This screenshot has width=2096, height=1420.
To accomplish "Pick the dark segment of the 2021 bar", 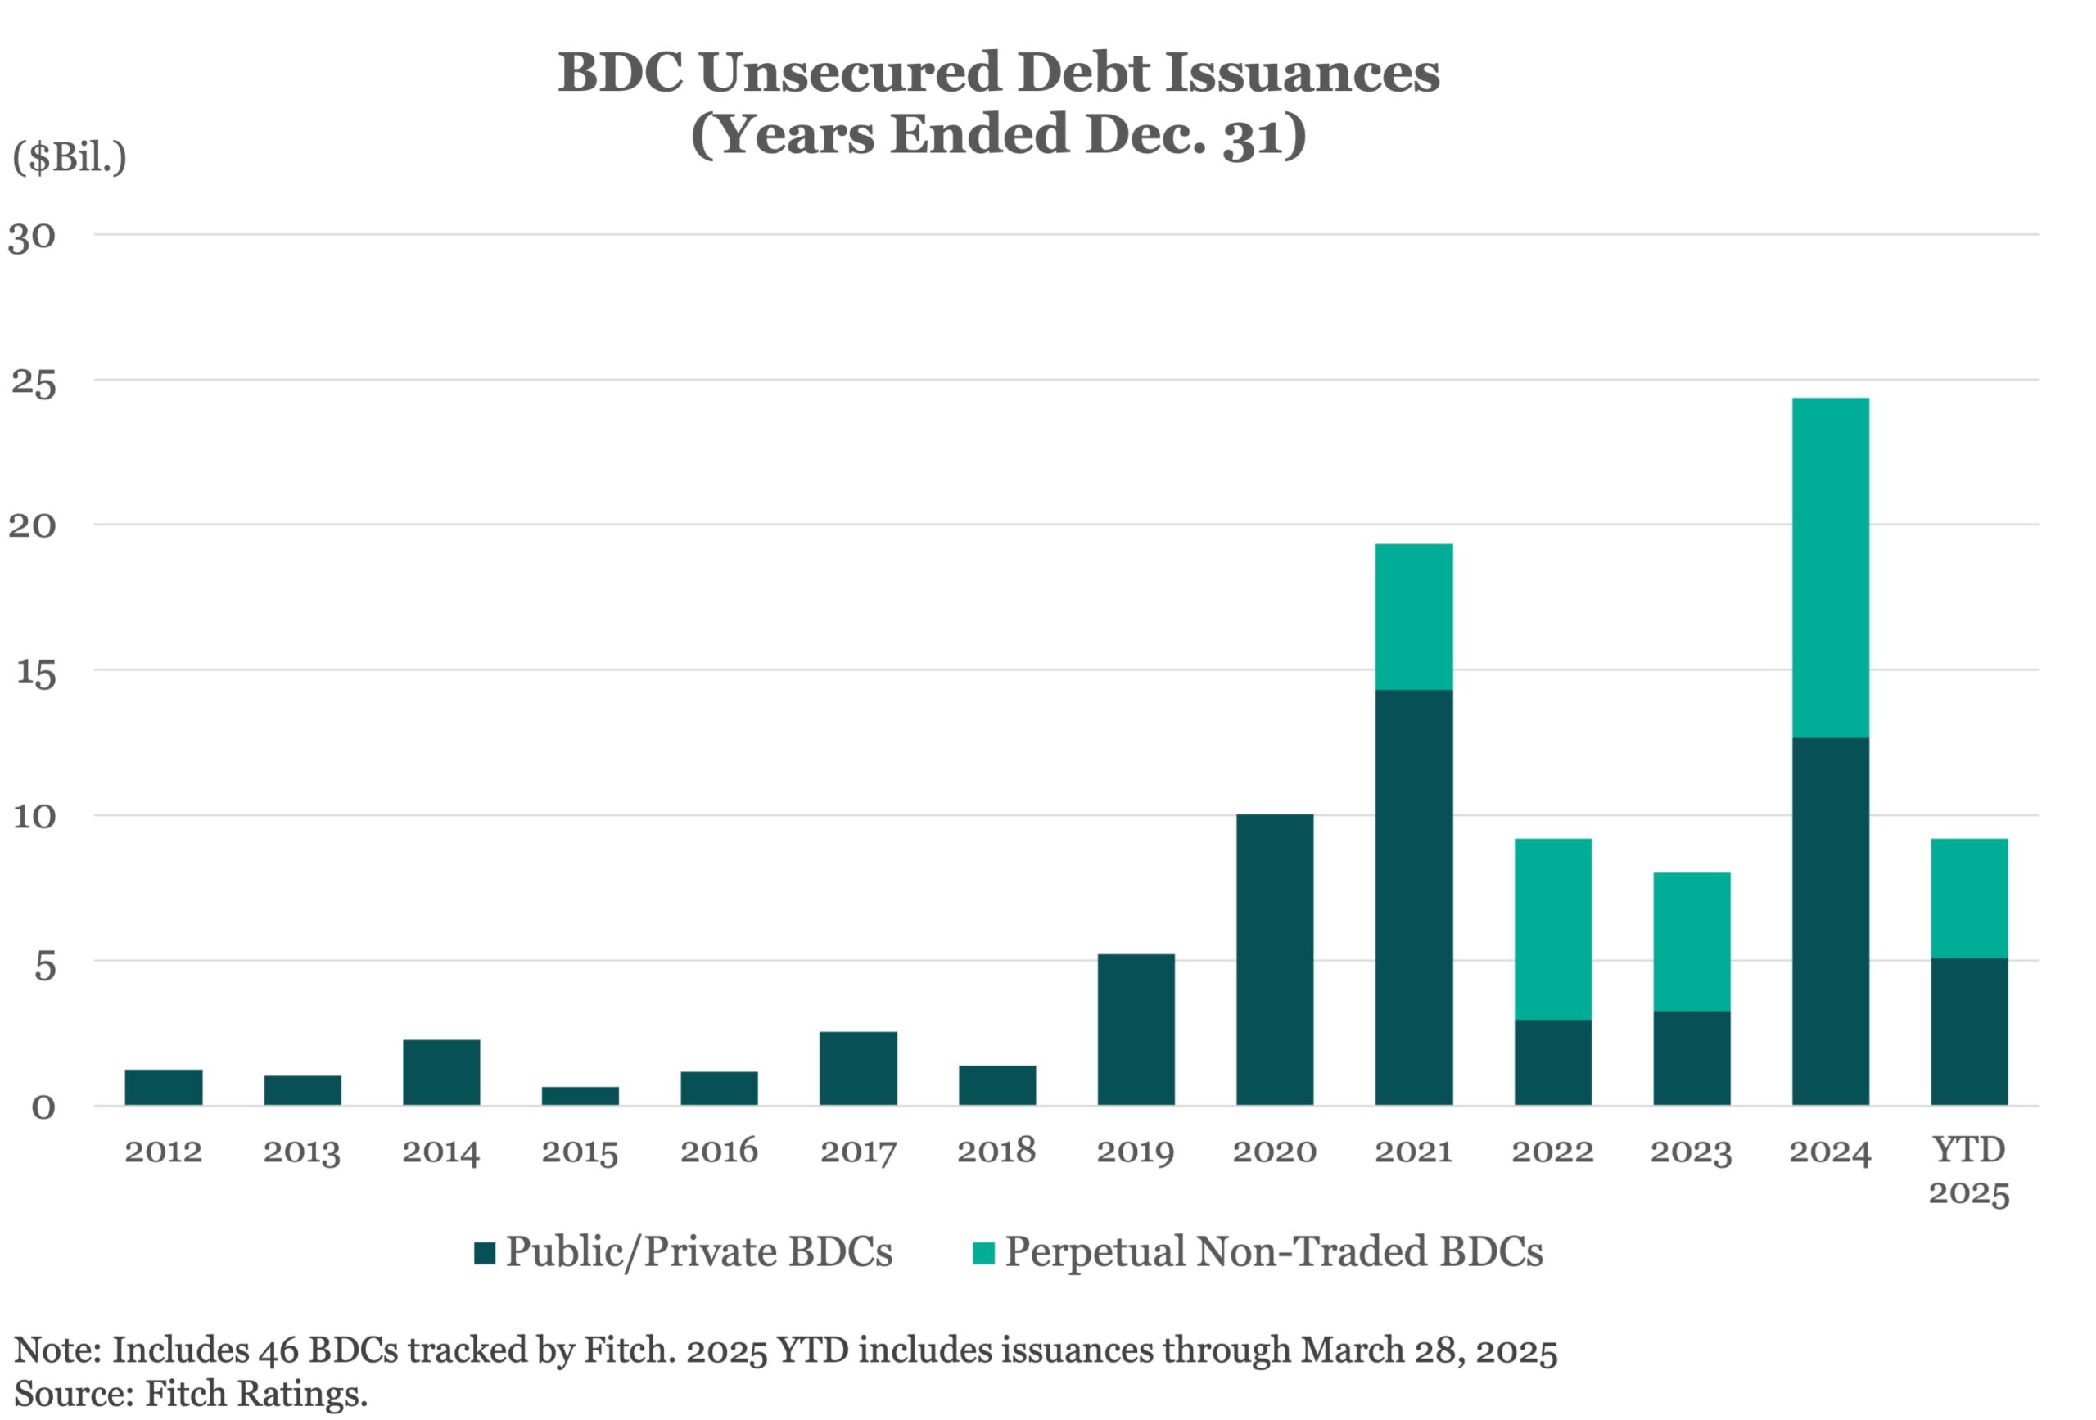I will (1413, 897).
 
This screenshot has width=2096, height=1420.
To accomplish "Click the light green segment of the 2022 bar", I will (1552, 929).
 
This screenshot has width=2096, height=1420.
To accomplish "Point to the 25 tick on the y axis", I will (34, 382).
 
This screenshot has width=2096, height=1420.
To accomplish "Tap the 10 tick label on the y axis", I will (34, 816).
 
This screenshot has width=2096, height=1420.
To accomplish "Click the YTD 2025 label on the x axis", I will (1969, 1170).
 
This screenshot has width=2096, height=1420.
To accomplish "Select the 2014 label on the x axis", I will (441, 1152).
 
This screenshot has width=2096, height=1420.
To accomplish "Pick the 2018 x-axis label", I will (996, 1152).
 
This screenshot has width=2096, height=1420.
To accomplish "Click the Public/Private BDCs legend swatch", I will (485, 1253).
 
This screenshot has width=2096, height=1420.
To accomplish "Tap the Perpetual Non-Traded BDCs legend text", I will (1273, 1251).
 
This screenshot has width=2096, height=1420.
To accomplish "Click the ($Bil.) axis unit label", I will (70, 158).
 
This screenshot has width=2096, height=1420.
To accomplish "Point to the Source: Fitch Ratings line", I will (192, 1393).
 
